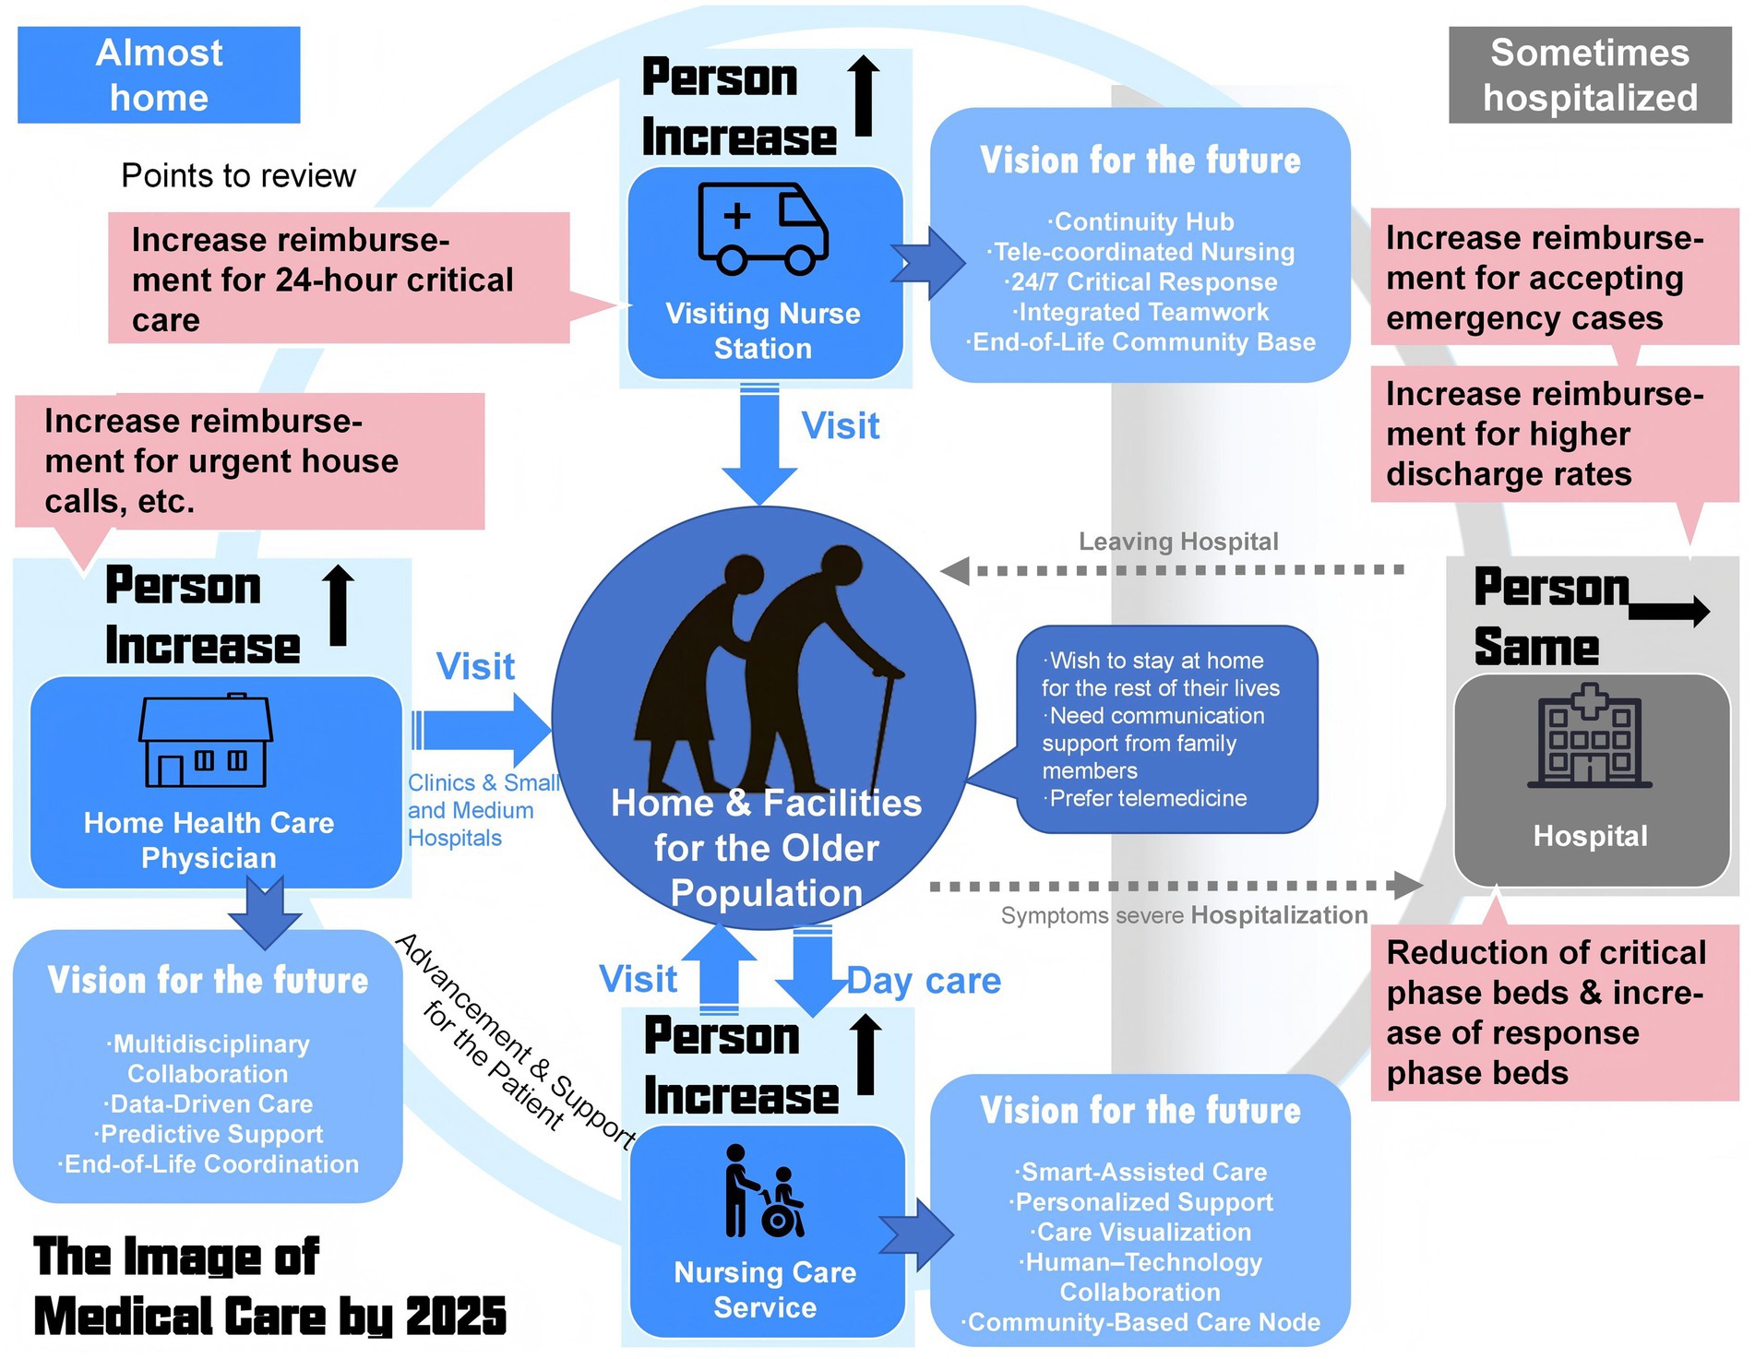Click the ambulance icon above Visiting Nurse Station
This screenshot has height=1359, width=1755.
coord(762,229)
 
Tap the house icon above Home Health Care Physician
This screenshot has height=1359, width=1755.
coord(206,741)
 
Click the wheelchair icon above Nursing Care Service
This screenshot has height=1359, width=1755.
coord(765,1191)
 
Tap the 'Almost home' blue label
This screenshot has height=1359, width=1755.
coord(159,75)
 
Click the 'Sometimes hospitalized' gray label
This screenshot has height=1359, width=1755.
coord(1589,75)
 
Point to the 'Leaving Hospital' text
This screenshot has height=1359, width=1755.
coord(1178,542)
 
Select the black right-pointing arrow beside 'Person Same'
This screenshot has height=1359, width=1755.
coord(1670,611)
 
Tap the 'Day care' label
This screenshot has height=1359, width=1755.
coord(925,981)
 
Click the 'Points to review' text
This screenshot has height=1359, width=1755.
coord(238,175)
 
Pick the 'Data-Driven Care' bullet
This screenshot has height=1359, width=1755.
coord(208,1104)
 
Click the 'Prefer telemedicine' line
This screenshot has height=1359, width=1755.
coord(1147,798)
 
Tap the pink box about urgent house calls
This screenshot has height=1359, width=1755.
coord(249,461)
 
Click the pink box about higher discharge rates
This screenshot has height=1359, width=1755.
coord(1553,435)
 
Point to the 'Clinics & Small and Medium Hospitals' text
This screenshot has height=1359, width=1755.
coord(483,810)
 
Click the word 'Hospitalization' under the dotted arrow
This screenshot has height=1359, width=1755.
coord(1279,915)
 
